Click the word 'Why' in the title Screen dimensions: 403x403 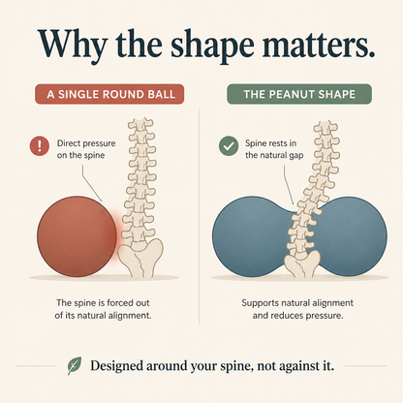(72, 44)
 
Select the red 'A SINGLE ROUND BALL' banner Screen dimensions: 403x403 (109, 94)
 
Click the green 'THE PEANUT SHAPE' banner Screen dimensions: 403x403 (299, 94)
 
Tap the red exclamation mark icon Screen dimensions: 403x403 (40, 146)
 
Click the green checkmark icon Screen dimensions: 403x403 (229, 146)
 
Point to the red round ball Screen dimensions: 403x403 (77, 236)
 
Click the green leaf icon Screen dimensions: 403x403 (75, 365)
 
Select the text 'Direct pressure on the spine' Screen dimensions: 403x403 (86, 149)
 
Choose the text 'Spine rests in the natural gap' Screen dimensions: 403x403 (274, 149)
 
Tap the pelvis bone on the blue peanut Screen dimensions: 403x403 (302, 263)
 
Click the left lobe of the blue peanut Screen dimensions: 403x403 (250, 236)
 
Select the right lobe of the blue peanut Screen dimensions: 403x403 (352, 236)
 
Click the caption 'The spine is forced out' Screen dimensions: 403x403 (103, 303)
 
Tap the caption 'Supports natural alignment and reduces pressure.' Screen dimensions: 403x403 (297, 309)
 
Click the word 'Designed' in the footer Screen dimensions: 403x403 (116, 366)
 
